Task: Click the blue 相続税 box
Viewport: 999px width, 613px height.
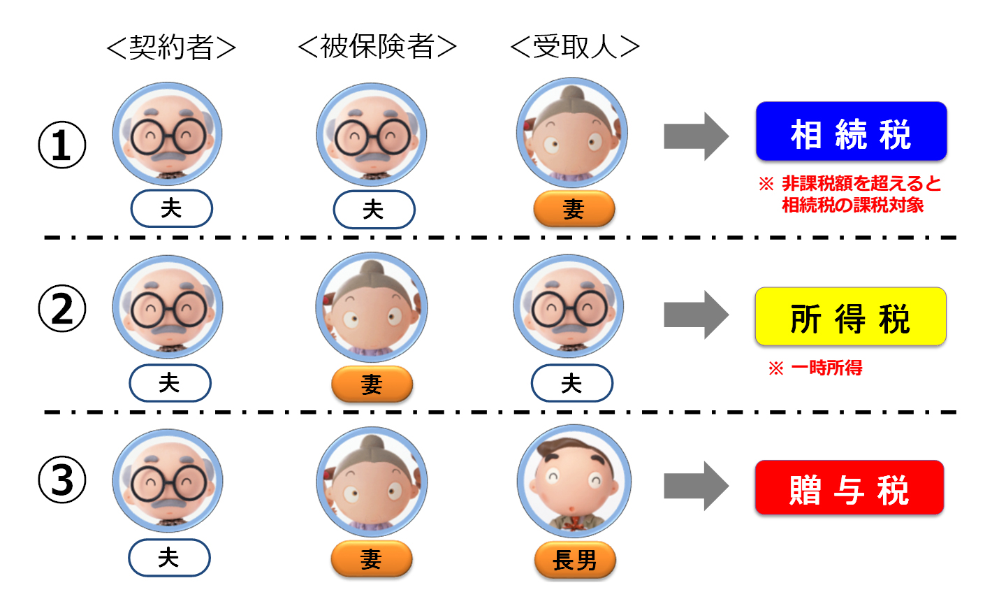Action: tap(851, 132)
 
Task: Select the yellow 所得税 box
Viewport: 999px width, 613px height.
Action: tap(850, 317)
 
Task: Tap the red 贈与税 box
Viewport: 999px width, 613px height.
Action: tap(849, 488)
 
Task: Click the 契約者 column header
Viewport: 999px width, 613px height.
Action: tap(171, 48)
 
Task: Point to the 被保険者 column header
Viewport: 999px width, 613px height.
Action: tap(377, 47)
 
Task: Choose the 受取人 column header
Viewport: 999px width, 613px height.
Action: tap(575, 47)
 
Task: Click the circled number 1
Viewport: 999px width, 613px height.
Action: tap(62, 145)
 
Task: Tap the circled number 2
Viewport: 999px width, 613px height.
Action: tap(62, 308)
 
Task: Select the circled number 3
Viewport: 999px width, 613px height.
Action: tap(62, 480)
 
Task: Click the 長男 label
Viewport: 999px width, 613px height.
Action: tap(575, 560)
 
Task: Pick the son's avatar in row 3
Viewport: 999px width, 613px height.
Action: tap(574, 482)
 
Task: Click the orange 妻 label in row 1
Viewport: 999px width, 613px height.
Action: tap(574, 209)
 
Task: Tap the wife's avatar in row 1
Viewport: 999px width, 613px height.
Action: tap(572, 133)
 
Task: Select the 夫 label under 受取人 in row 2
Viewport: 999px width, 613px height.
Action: tap(571, 383)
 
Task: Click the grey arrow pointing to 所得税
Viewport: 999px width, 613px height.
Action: tap(696, 315)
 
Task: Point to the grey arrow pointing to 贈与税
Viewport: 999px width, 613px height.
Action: tap(696, 486)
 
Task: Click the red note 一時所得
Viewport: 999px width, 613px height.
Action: tap(826, 368)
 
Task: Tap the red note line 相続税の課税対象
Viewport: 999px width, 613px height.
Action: tap(852, 205)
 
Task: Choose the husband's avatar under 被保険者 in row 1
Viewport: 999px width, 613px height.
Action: tap(372, 134)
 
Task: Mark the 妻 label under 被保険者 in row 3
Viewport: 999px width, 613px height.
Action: tap(371, 559)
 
